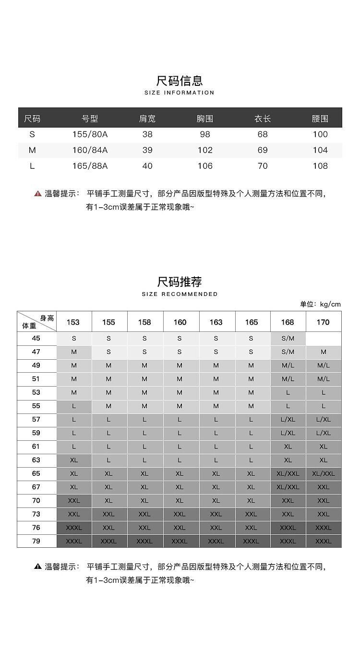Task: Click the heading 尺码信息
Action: click(x=180, y=80)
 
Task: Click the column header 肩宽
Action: click(x=147, y=118)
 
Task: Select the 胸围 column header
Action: click(x=205, y=118)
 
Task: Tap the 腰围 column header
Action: click(x=320, y=118)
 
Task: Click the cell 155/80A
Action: click(x=90, y=134)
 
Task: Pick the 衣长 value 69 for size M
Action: click(x=263, y=150)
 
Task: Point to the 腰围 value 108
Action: click(x=320, y=166)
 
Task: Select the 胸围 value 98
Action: click(x=205, y=134)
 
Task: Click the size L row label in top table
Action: click(x=32, y=166)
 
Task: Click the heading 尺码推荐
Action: click(x=180, y=281)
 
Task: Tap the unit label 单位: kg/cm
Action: click(x=320, y=304)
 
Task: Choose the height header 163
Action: click(x=216, y=322)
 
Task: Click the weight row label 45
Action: click(x=36, y=338)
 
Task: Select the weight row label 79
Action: click(x=36, y=541)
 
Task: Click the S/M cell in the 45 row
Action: click(x=288, y=338)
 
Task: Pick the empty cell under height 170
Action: click(x=324, y=338)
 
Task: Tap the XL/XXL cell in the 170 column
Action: click(x=324, y=473)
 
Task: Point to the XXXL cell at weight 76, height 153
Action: click(x=74, y=528)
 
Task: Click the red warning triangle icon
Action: click(x=37, y=194)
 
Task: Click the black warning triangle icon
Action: click(x=37, y=566)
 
